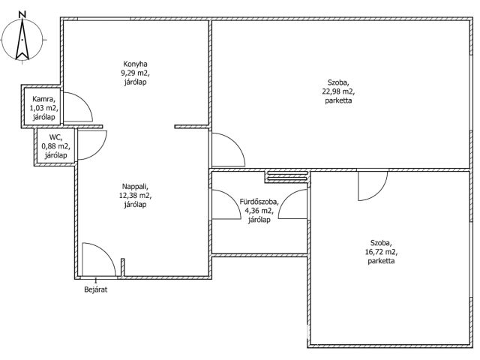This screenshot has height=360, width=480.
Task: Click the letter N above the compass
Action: click(22, 14)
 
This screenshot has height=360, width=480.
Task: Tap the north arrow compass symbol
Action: click(22, 39)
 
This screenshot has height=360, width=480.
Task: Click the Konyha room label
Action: click(135, 64)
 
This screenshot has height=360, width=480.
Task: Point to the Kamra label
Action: click(44, 99)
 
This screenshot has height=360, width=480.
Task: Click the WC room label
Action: click(55, 137)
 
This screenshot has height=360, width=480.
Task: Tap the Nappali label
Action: click(135, 187)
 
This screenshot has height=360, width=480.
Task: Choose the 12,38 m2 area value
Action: click(135, 195)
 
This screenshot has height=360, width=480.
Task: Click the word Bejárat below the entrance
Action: click(96, 289)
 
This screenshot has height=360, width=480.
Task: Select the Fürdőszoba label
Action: click(259, 202)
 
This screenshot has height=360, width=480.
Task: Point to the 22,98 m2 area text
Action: click(338, 91)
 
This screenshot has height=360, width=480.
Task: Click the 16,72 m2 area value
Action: click(381, 252)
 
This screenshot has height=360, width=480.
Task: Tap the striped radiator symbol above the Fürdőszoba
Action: click(287, 177)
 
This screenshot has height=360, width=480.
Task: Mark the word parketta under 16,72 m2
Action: click(381, 261)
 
